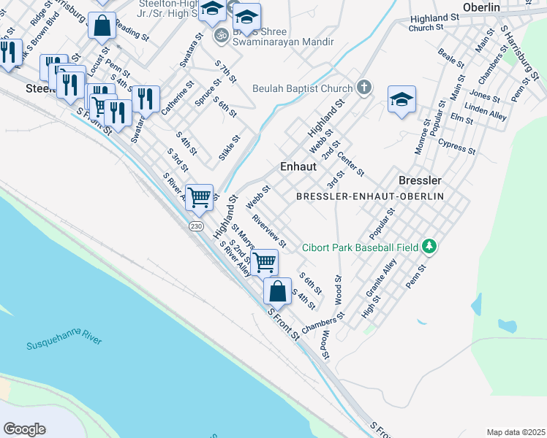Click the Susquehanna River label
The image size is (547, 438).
[64, 339]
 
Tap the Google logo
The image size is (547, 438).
[24, 429]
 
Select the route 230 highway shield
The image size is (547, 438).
[195, 227]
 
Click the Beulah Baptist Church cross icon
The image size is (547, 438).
[363, 88]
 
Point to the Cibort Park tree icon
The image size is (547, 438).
[431, 247]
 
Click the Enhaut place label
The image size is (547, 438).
[298, 167]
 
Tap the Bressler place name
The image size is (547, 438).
[420, 180]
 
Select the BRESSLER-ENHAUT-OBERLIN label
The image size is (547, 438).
[371, 197]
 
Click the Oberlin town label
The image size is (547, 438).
[480, 7]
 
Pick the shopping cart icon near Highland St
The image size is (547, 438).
[199, 197]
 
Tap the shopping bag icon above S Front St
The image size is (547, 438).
[277, 291]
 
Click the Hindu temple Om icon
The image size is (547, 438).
[219, 34]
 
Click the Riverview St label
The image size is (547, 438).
[268, 230]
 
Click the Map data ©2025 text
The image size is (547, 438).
[516, 432]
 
